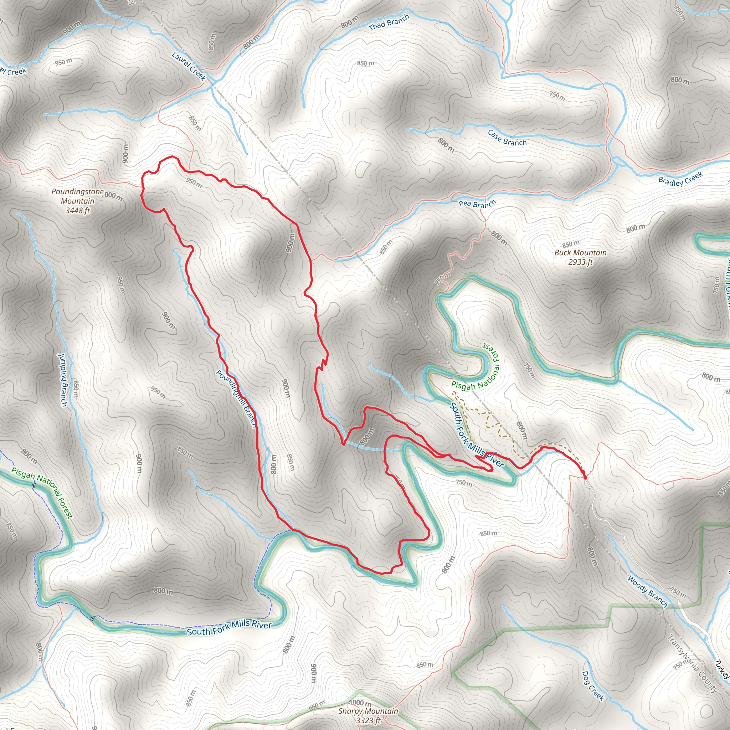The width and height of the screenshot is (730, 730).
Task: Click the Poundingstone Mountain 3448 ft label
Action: (77, 201)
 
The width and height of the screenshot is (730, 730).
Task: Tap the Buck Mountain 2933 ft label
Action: (580, 257)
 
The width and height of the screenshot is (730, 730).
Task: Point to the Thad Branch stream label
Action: (389, 23)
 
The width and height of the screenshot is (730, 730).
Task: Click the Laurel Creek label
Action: (189, 67)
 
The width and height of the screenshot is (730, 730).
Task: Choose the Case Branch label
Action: (507, 138)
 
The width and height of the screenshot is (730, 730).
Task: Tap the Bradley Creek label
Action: (680, 179)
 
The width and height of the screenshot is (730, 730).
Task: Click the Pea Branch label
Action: (477, 204)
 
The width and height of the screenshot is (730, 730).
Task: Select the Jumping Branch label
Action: (62, 380)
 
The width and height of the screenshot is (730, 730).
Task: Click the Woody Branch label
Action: (648, 591)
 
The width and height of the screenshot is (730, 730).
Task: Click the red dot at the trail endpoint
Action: (585, 478)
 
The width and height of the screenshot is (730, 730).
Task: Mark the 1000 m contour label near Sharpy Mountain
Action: (360, 703)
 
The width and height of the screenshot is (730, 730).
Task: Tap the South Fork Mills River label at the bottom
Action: (229, 628)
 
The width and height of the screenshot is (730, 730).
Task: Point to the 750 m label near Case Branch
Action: (557, 96)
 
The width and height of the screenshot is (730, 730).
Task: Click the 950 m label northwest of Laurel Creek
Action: (63, 62)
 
